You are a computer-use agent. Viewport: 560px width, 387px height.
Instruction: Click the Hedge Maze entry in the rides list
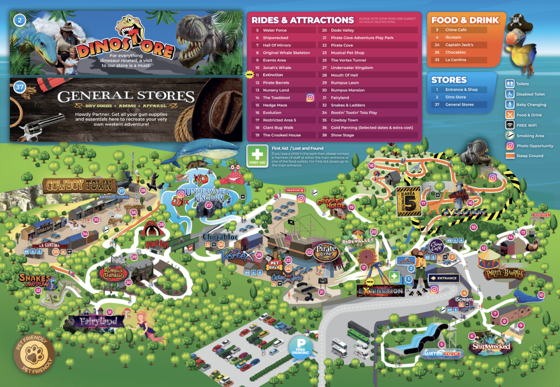point(275,105)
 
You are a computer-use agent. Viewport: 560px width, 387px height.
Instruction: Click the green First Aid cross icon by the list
point(256,155)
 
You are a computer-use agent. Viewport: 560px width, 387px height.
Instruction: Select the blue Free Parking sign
point(302,346)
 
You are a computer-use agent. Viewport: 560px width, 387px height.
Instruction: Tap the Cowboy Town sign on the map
point(80,185)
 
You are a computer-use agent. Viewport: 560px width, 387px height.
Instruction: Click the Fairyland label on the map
point(98,321)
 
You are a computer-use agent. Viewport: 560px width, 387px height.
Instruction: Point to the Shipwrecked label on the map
point(491,346)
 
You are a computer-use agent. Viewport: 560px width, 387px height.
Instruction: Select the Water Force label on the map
point(442,354)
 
